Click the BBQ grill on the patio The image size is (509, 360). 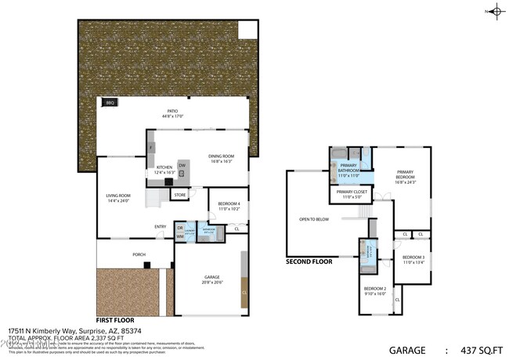coord(110,103)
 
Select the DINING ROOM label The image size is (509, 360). coord(221,157)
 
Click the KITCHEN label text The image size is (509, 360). coord(164,167)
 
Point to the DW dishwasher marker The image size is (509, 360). coord(182,165)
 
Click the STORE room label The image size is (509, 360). coord(179,194)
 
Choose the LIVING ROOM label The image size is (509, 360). coord(118,196)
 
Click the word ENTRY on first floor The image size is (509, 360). coord(160,227)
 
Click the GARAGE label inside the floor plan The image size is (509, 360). coord(212,279)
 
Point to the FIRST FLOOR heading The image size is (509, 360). coord(114,320)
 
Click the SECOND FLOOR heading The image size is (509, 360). coord(309,262)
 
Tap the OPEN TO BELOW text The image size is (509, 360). coord(314,219)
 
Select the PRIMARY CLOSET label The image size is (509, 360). coord(352,192)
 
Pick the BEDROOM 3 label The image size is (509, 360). coord(413,257)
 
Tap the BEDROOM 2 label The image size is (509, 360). coord(375,289)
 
